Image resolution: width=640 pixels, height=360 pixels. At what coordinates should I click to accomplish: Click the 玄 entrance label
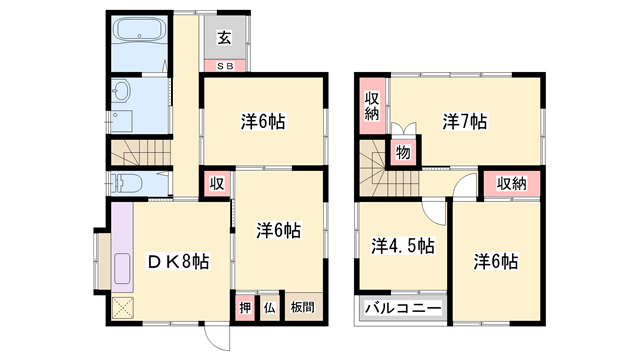coord(224,39)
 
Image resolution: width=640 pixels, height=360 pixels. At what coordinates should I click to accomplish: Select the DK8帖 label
coord(178,261)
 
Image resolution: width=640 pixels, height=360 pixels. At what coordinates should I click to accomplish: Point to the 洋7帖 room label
coord(465,122)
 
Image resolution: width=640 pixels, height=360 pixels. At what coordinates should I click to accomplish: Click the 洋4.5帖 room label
coord(403,244)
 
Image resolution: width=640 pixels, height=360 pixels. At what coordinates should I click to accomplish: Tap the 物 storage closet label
coord(403,152)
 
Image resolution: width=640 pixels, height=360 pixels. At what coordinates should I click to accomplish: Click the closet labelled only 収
coord(217,183)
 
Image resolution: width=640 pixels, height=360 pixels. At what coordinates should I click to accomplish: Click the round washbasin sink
coord(121,92)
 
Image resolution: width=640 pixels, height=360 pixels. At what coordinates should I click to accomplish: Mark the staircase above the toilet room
coord(141,155)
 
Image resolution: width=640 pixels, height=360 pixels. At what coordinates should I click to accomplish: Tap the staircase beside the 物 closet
coord(371,169)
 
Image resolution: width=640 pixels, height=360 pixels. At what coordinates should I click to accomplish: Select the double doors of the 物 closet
coord(402,132)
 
